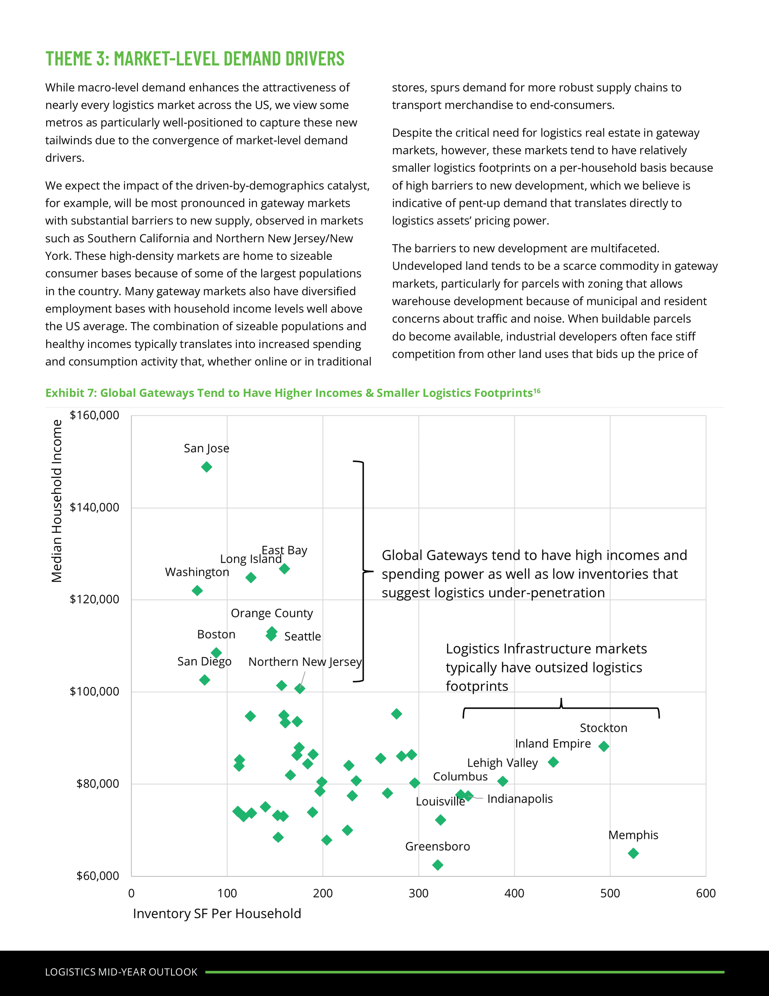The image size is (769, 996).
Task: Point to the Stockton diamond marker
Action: (x=604, y=746)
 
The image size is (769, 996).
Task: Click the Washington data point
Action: (x=197, y=591)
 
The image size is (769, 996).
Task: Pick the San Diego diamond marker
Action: (x=205, y=680)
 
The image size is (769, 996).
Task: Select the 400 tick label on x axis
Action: (x=514, y=893)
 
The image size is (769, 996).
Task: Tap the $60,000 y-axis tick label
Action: (x=98, y=876)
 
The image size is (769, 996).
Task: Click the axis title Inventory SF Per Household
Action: (x=217, y=913)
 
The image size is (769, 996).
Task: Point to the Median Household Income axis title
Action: (x=57, y=501)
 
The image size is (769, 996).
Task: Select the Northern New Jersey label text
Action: (x=305, y=661)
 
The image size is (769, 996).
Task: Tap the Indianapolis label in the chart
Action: (x=520, y=799)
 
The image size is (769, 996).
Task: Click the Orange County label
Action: (x=272, y=613)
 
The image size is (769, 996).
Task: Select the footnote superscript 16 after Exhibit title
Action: (x=537, y=391)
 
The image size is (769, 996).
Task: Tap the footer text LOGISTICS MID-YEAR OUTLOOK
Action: (x=121, y=972)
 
